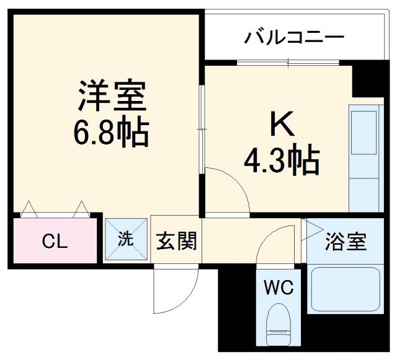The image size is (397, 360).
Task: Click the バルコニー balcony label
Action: tap(293, 38)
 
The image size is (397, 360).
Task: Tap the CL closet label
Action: tap(54, 242)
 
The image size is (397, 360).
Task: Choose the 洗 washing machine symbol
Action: tap(126, 240)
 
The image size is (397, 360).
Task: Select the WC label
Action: tap(279, 288)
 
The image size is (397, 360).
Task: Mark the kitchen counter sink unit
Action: tap(364, 157)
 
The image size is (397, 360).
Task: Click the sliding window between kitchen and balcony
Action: tap(288, 63)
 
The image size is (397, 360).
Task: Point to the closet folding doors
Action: tap(54, 209)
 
